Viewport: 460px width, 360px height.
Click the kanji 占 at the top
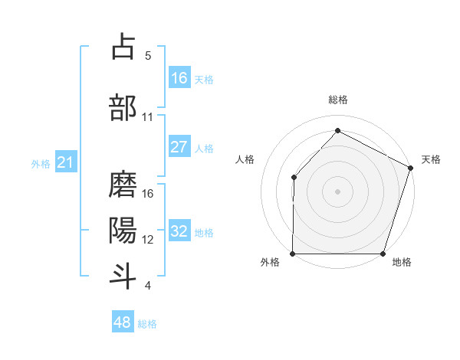pos(123,47)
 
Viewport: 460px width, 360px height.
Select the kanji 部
pos(123,107)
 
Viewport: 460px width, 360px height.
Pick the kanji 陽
pos(123,230)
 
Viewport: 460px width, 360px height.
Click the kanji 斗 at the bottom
pos(123,276)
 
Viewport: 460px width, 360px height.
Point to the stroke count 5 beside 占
pos(148,56)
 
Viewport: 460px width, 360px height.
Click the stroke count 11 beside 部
pos(148,117)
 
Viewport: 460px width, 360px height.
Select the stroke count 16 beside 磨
pos(148,194)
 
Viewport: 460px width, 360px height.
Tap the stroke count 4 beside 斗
pos(148,286)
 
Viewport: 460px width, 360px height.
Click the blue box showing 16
pos(179,78)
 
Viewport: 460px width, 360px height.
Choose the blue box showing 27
pos(179,147)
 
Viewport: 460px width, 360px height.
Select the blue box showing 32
pos(179,231)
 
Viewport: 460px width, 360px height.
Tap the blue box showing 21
pos(65,162)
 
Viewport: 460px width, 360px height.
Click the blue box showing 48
pos(123,322)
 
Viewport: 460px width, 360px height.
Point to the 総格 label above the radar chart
pos(338,100)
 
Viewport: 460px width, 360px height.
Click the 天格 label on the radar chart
pos(431,159)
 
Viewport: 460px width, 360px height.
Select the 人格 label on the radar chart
pos(245,159)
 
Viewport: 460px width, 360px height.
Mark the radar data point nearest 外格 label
pos(293,254)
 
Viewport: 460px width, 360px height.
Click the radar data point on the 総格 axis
pos(338,131)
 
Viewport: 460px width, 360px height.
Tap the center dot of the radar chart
pos(338,191)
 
